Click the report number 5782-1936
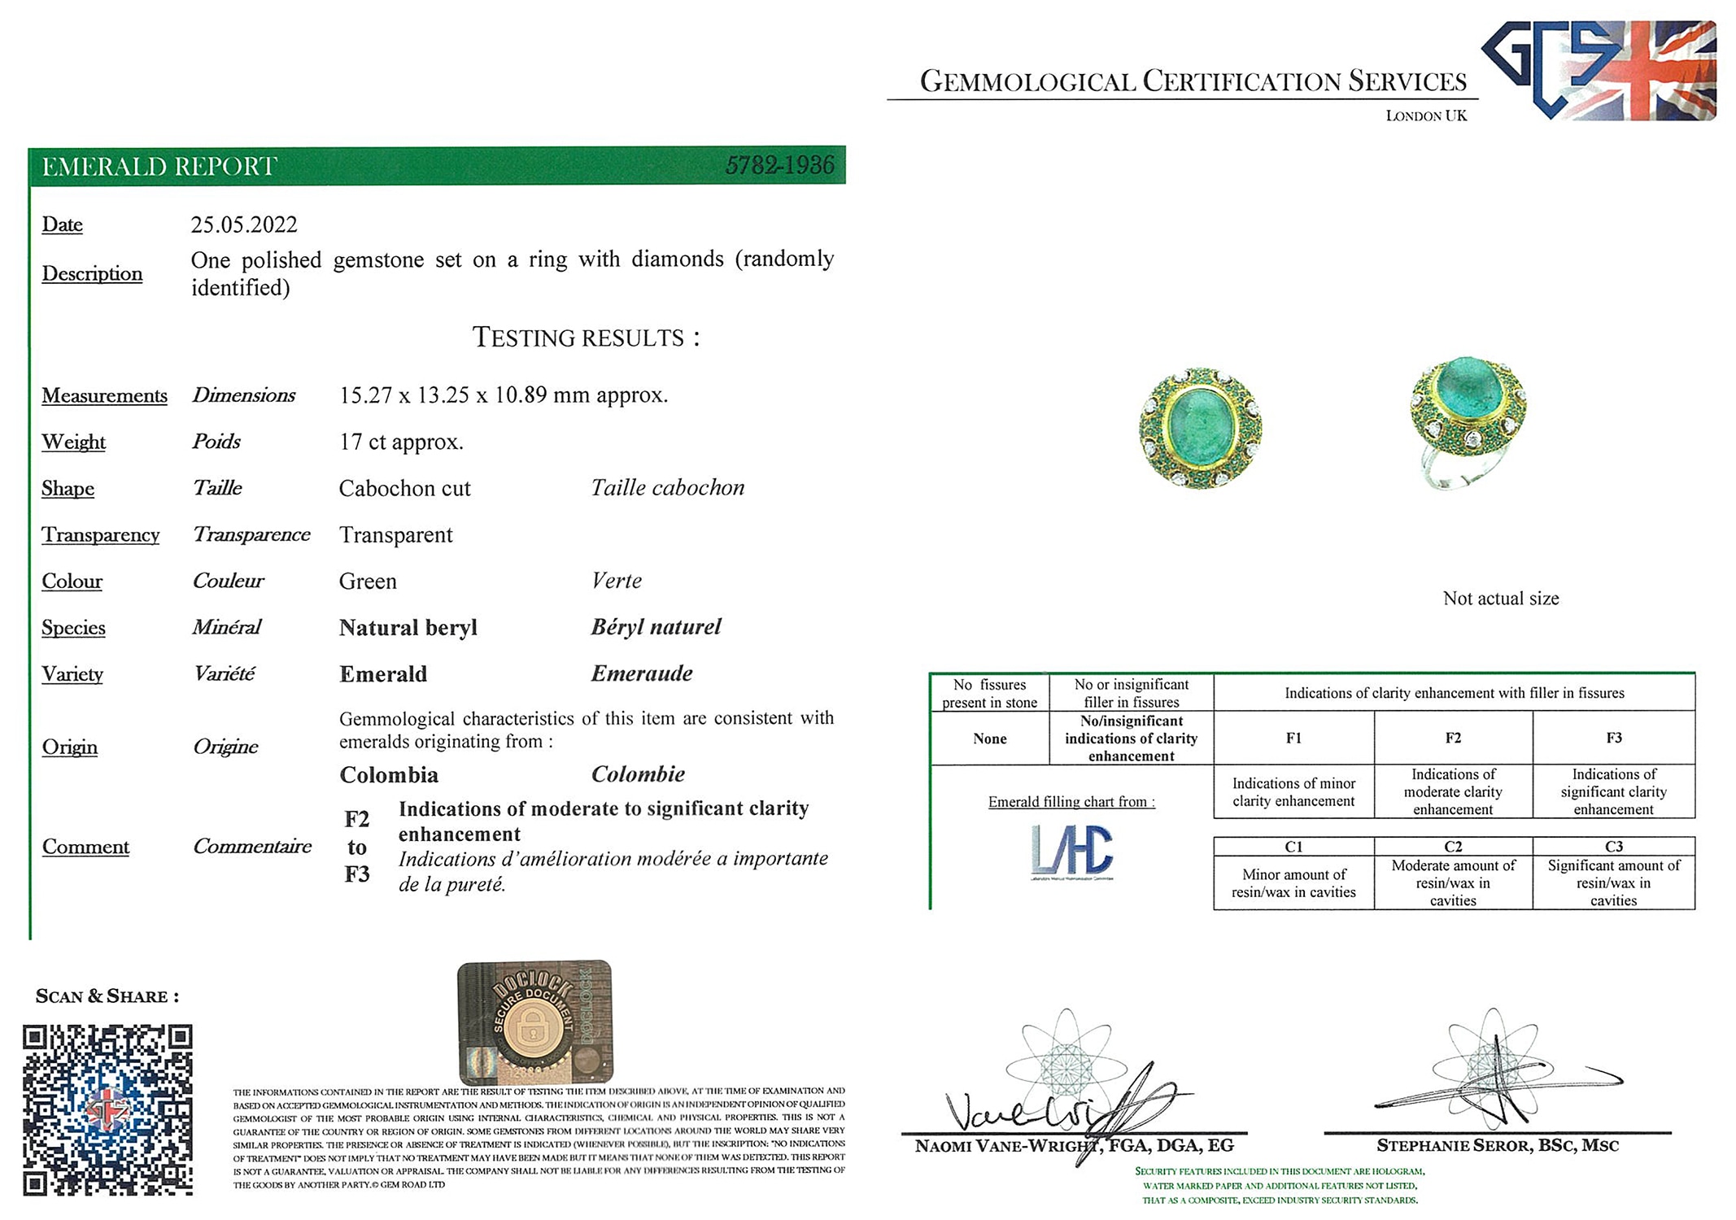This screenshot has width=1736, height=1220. pyautogui.click(x=779, y=166)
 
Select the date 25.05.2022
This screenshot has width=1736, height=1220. pyautogui.click(x=244, y=224)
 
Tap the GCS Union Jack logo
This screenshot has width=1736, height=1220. pyautogui.click(x=1599, y=71)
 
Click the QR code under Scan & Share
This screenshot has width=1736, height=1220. pyautogui.click(x=107, y=1109)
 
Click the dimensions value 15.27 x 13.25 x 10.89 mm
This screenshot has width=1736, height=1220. pyautogui.click(x=503, y=395)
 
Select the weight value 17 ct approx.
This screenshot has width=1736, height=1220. pyautogui.click(x=401, y=442)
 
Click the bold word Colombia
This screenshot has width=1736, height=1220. pyautogui.click(x=389, y=774)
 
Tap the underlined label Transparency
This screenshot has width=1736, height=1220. pyautogui.click(x=100, y=534)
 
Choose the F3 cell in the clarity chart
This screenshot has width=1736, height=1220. pyautogui.click(x=1613, y=738)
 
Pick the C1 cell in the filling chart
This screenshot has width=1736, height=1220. pyautogui.click(x=1293, y=847)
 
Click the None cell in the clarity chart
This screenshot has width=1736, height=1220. pyautogui.click(x=989, y=739)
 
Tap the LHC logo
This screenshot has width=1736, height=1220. pyautogui.click(x=1071, y=851)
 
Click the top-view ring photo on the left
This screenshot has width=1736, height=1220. pyautogui.click(x=1200, y=428)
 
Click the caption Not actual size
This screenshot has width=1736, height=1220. pyautogui.click(x=1500, y=599)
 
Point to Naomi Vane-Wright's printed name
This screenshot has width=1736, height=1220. pyautogui.click(x=1074, y=1146)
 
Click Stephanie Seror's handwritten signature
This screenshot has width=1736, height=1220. pyautogui.click(x=1497, y=1082)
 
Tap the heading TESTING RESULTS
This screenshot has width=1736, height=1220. pyautogui.click(x=586, y=338)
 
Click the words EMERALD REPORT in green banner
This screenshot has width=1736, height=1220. pyautogui.click(x=159, y=167)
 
